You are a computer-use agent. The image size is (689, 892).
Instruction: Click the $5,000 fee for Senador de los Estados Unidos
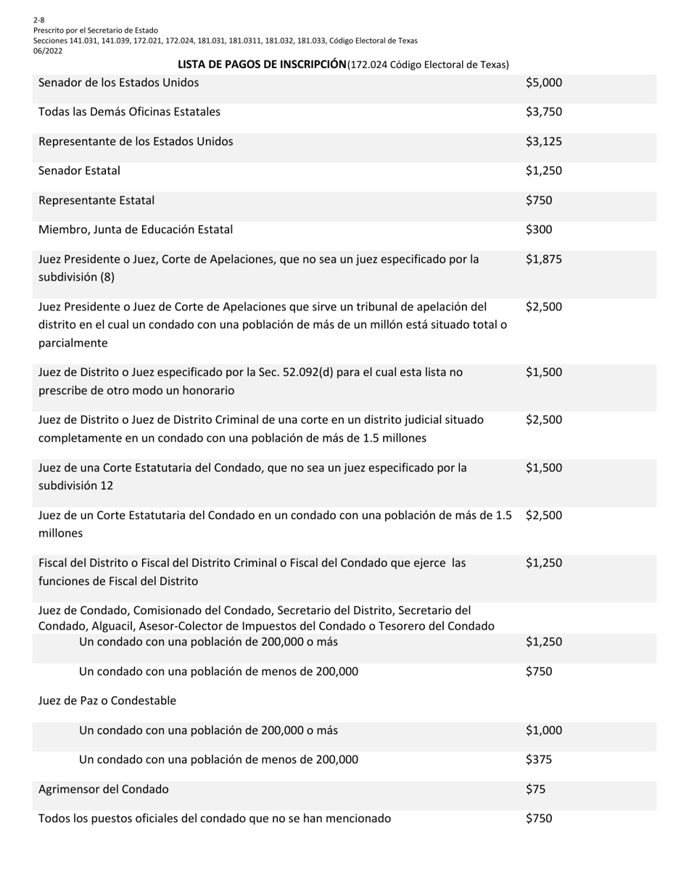[x=544, y=83]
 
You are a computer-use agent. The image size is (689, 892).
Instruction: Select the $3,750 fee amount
[x=544, y=112]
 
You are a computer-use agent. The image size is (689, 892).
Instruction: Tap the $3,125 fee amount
[x=544, y=141]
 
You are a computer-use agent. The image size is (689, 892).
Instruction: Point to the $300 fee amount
[x=539, y=230]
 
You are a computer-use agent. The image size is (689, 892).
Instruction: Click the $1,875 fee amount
[x=544, y=260]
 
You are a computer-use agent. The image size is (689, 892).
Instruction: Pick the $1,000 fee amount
[x=544, y=730]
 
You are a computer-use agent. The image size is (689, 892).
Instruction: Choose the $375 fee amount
[x=539, y=760]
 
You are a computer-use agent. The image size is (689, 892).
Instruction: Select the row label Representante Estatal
[x=96, y=200]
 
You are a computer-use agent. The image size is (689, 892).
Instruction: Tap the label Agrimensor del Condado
[x=103, y=789]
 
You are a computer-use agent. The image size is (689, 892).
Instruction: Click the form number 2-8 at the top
[x=38, y=20]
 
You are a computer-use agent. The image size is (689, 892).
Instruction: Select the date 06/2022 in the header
[x=48, y=51]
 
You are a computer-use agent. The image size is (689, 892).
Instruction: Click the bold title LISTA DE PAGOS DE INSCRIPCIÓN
[x=262, y=65]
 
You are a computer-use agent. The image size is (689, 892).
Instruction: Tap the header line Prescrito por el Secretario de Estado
[x=95, y=30]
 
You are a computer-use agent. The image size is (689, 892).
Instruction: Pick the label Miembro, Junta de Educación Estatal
[x=136, y=230]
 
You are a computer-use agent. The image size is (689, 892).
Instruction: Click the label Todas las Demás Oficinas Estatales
[x=129, y=112]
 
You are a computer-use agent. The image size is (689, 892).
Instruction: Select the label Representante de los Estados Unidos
[x=136, y=141]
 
